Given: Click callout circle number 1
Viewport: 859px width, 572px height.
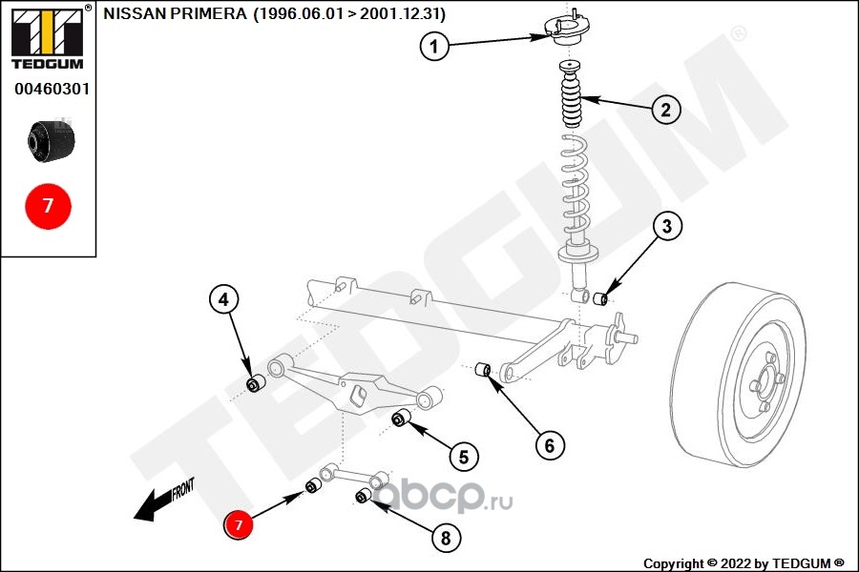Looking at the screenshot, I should point(434,45).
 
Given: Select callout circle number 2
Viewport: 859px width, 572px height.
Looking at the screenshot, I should point(666,110).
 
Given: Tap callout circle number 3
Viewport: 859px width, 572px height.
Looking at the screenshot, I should point(667,227).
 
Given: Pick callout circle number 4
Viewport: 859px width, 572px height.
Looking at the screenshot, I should point(223,300).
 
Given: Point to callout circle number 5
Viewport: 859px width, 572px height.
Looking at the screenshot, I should point(463,458).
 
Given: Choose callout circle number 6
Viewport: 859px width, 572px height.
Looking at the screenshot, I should point(549,444).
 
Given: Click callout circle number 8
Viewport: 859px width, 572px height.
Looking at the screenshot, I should point(444,538).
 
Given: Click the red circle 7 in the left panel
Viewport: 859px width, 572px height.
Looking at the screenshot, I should point(48,206).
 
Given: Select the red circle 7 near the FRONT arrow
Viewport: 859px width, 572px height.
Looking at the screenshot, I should point(239,524).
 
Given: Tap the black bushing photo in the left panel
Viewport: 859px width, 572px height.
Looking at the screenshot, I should point(52,140).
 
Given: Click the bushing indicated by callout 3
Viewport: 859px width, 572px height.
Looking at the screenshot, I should point(601,299).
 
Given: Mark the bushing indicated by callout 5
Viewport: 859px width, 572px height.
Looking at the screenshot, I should point(402,418).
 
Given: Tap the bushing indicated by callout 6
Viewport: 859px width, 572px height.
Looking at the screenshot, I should point(483,369).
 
